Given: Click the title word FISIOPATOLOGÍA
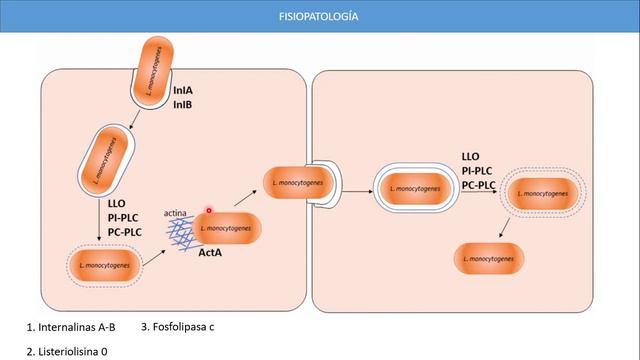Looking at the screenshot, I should tap(319, 17).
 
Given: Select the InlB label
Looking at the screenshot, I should tap(183, 104).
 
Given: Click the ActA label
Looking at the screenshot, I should tap(210, 254).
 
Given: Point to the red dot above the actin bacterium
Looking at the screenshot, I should tap(209, 211).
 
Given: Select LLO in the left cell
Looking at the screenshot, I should tap(116, 203).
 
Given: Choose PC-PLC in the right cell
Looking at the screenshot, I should tap(479, 185).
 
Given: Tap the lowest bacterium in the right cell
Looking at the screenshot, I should tap(490, 259).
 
